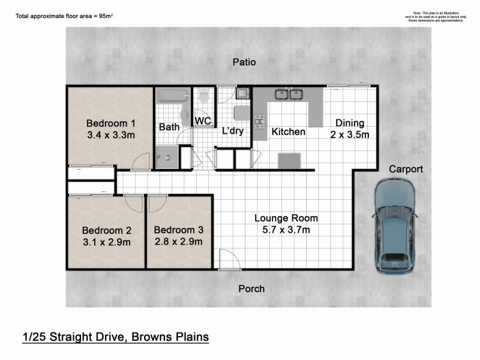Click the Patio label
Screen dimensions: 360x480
click(x=244, y=62)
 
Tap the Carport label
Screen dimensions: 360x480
click(x=406, y=170)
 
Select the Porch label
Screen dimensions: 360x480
click(x=252, y=289)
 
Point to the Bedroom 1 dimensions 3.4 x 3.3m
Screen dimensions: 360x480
click(x=111, y=135)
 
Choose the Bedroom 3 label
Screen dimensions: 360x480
click(x=178, y=229)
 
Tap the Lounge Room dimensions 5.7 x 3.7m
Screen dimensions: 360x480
click(x=286, y=230)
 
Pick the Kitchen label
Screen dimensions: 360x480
click(x=289, y=131)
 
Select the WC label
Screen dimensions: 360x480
click(x=202, y=122)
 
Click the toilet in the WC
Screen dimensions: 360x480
click(x=204, y=98)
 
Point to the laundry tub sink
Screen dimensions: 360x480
click(x=242, y=94)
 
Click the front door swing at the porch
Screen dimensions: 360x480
click(x=228, y=259)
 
